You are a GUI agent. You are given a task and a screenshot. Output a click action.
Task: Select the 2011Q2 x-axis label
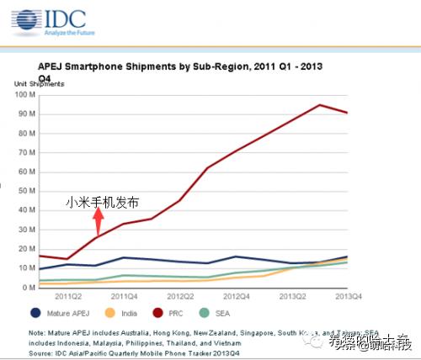[69, 296]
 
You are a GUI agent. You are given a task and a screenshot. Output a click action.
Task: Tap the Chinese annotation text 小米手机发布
[102, 203]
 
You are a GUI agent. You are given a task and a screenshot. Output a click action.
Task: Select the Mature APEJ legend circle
[35, 312]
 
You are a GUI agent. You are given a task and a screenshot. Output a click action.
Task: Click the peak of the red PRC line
[319, 105]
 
